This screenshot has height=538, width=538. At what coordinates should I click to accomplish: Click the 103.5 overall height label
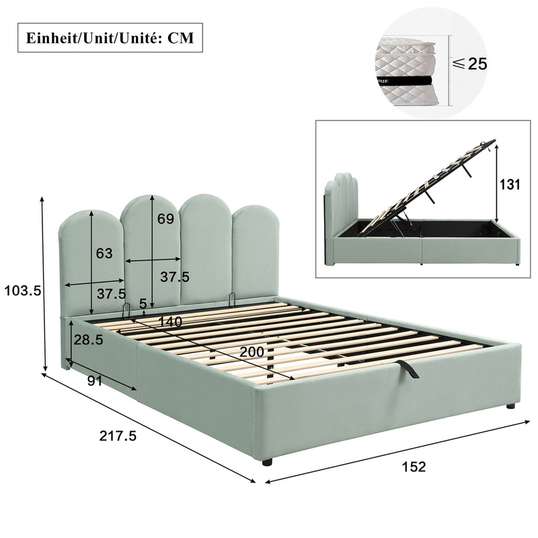click(x=23, y=291)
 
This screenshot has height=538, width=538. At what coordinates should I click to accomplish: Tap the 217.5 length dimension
click(x=118, y=436)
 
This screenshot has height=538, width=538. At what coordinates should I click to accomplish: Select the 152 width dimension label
click(x=414, y=467)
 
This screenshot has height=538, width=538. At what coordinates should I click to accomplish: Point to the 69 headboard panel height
click(x=165, y=219)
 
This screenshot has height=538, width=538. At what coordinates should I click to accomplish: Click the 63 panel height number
click(x=104, y=254)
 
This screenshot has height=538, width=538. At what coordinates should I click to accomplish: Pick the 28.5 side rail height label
click(x=89, y=340)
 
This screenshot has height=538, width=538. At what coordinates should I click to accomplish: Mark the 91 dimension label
click(x=94, y=381)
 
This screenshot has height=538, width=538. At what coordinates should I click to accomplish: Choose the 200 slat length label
click(x=252, y=352)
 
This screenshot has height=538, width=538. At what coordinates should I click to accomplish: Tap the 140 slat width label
click(x=170, y=321)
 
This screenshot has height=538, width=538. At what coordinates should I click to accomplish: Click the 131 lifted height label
click(x=510, y=184)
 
